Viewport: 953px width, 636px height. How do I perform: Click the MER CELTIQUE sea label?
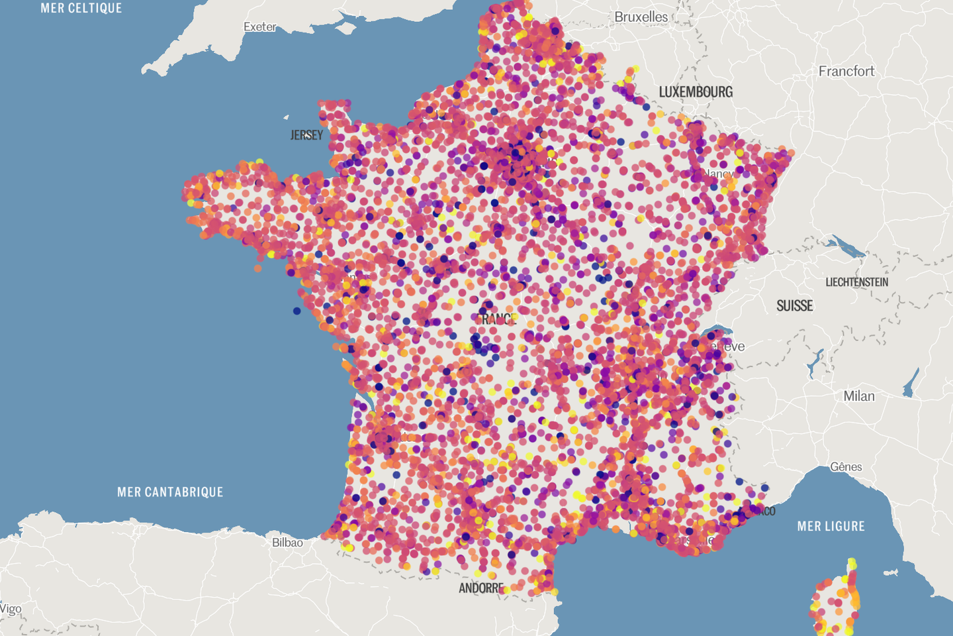81,9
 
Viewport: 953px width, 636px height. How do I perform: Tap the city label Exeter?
259,27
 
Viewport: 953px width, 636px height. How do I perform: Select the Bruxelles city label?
641,17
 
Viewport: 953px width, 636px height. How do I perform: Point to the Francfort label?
846,72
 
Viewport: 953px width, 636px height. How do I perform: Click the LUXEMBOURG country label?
696,92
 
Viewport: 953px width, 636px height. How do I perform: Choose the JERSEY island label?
306,135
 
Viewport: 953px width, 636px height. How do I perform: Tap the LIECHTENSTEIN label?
856,282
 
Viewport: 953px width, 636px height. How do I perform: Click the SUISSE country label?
794,306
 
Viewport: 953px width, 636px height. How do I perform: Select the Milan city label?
858,396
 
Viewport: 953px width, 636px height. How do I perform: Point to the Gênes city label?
846,467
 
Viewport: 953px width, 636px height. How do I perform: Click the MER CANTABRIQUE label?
170,492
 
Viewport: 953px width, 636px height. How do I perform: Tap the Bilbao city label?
287,543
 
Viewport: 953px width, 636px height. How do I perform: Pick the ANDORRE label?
481,588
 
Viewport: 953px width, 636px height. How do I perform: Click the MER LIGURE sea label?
831,527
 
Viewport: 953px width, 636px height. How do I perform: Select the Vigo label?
11,609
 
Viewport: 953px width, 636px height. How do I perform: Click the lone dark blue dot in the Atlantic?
296,311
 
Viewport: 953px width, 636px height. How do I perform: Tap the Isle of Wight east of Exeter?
345,28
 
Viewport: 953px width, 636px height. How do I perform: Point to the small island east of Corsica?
890,572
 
